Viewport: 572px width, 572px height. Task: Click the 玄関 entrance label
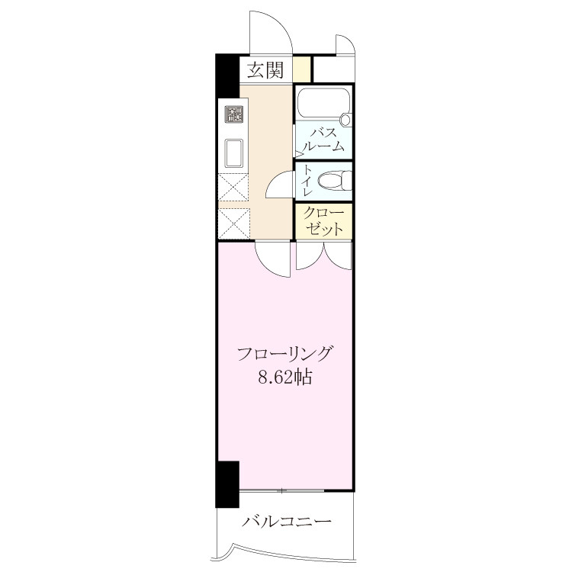(x=265, y=70)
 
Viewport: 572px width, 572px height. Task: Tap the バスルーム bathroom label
(x=323, y=140)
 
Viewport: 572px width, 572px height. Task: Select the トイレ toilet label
(x=307, y=181)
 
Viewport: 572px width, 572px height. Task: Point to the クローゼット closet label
(x=324, y=221)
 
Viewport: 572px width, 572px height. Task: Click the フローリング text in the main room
(x=285, y=354)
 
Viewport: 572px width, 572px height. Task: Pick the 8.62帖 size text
(x=285, y=378)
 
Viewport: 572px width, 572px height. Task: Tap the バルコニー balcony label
(x=287, y=521)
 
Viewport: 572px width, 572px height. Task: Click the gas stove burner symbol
(x=234, y=114)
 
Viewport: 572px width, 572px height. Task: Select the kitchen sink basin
(x=234, y=153)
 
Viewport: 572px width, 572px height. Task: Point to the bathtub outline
(x=323, y=102)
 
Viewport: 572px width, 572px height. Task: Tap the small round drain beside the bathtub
(x=345, y=119)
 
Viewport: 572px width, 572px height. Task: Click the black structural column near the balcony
(x=227, y=484)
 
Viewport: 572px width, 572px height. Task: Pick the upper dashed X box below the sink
(x=233, y=187)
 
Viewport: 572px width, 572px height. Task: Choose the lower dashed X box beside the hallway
(x=234, y=223)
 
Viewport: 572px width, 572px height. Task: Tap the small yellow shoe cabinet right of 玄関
(x=302, y=69)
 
